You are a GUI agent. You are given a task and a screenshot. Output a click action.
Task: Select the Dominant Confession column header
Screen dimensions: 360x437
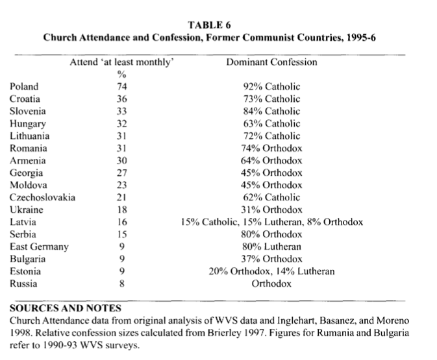click(271, 62)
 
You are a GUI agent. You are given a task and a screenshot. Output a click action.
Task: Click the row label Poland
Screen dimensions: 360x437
click(24, 86)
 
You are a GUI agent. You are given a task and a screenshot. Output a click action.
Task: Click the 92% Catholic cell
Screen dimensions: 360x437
click(271, 86)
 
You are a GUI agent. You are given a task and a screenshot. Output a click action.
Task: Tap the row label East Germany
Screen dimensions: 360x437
click(38, 246)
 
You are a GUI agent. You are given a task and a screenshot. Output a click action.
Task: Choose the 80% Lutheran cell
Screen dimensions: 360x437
click(271, 246)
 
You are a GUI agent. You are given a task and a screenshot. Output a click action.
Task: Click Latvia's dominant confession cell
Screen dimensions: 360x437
click(271, 222)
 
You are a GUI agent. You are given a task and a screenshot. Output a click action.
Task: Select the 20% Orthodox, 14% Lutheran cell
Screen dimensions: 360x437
click(271, 271)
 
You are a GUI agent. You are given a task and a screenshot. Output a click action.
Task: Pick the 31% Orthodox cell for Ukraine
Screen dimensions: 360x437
click(271, 210)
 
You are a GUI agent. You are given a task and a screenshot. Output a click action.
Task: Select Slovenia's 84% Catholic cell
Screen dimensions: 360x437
click(271, 111)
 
